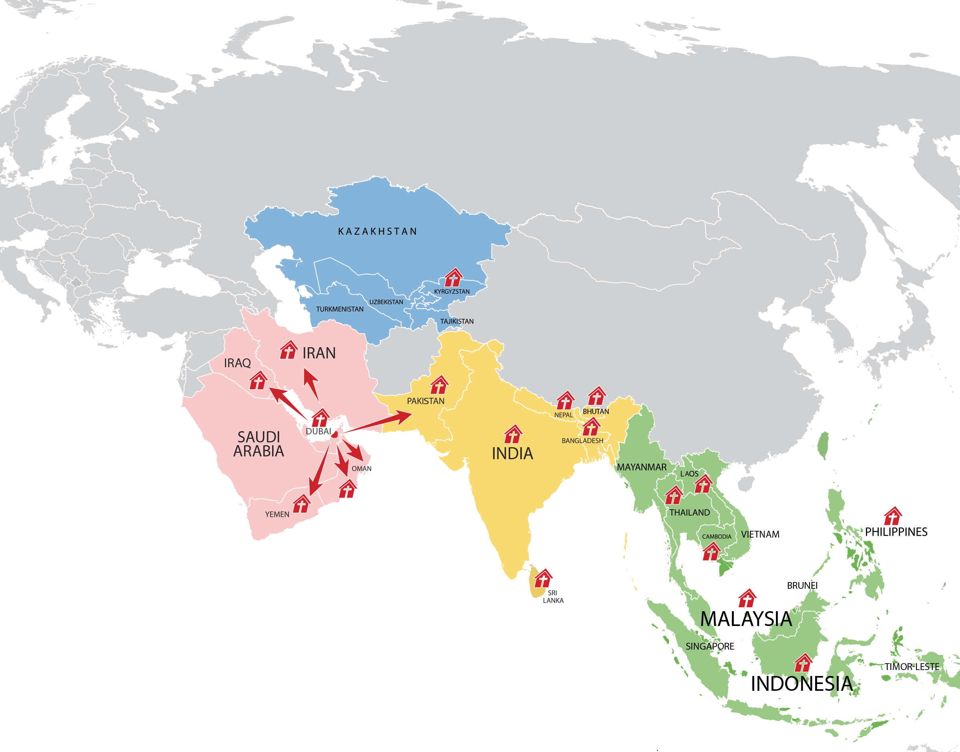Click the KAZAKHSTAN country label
point(377,232)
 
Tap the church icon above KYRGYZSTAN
point(453,278)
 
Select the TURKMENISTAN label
point(339,309)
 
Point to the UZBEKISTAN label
point(386,302)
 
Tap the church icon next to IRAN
point(289,350)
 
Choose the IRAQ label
point(237,363)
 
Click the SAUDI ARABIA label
point(259,444)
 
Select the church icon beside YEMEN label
point(302,504)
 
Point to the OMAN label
point(361,468)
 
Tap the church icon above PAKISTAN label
point(439,385)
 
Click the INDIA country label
point(512,454)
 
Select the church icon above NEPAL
point(565,401)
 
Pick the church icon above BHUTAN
point(597,396)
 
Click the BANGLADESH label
point(582,441)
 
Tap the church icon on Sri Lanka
point(543,578)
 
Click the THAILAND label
point(689,512)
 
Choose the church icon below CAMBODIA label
point(711,551)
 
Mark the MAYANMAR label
point(641,467)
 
